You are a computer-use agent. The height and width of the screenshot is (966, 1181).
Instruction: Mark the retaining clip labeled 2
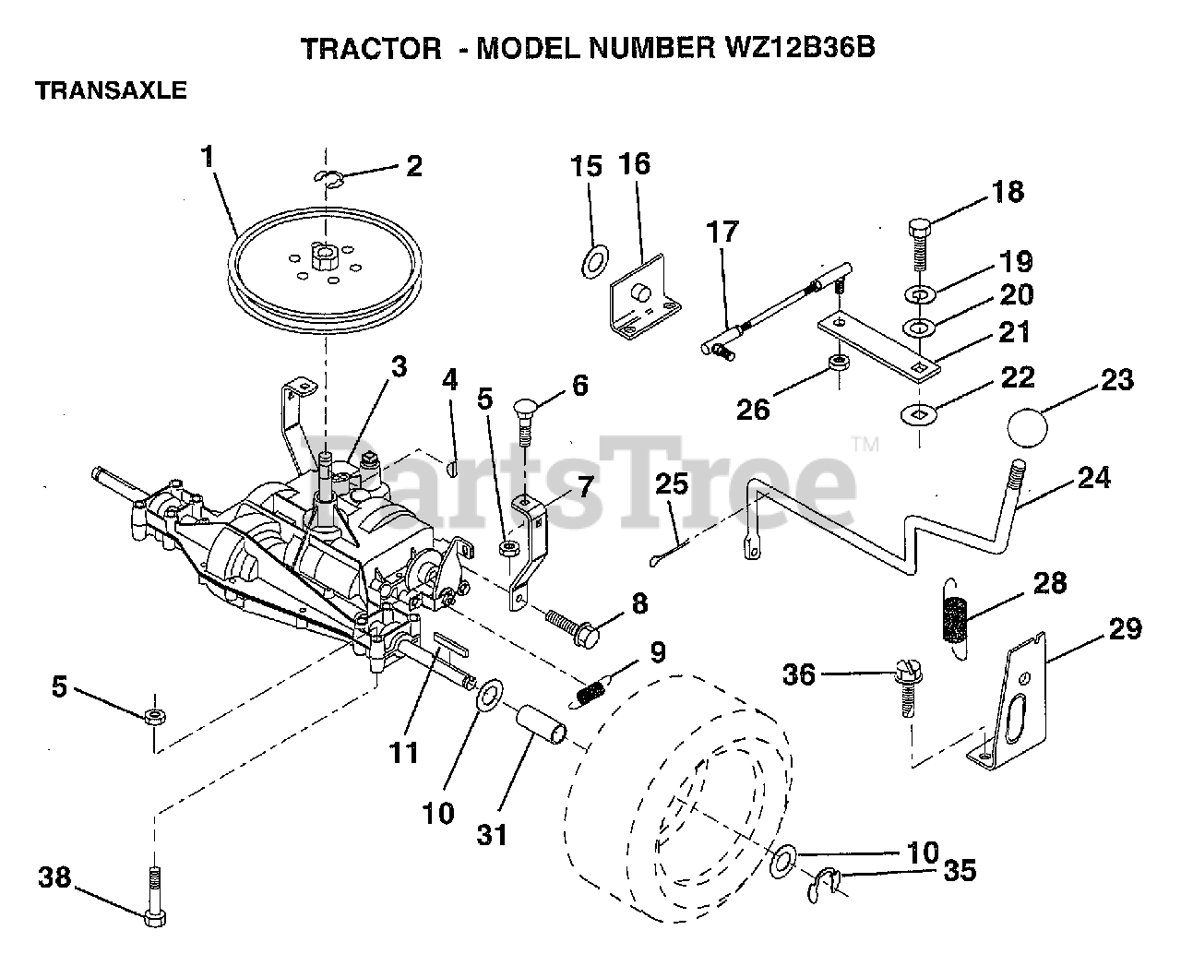pyautogui.click(x=328, y=177)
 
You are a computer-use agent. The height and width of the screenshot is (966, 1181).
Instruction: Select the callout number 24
pyautogui.click(x=1093, y=478)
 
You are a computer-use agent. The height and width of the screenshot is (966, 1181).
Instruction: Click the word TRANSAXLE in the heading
pyautogui.click(x=111, y=90)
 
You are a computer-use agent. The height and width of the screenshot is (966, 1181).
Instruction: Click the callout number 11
pyautogui.click(x=403, y=752)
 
